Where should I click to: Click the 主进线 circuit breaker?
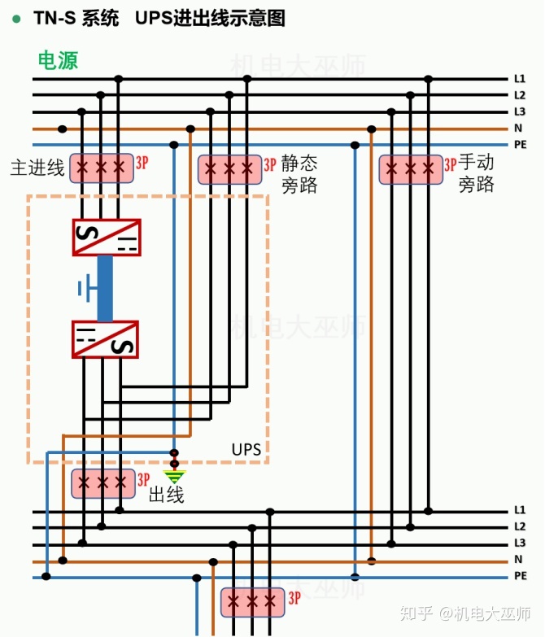[x=101, y=168]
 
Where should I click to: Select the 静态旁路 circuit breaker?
[x=229, y=168]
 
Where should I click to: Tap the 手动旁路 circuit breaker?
[x=411, y=168]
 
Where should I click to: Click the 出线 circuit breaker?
[x=102, y=483]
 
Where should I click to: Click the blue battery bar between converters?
[x=105, y=288]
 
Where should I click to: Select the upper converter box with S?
[x=106, y=238]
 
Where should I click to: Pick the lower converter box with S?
[x=106, y=339]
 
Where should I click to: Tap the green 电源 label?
[x=58, y=60]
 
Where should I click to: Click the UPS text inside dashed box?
[x=246, y=449]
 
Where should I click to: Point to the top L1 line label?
[x=520, y=79]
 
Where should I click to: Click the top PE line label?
[x=521, y=145]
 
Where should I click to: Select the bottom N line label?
[x=518, y=560]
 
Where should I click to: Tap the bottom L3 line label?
[x=520, y=543]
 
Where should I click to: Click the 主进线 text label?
[x=37, y=168]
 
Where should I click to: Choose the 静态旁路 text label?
[x=299, y=173]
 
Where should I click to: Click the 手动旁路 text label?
[x=477, y=173]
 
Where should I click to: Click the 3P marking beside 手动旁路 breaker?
[x=450, y=164]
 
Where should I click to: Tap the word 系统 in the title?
[x=100, y=18]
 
